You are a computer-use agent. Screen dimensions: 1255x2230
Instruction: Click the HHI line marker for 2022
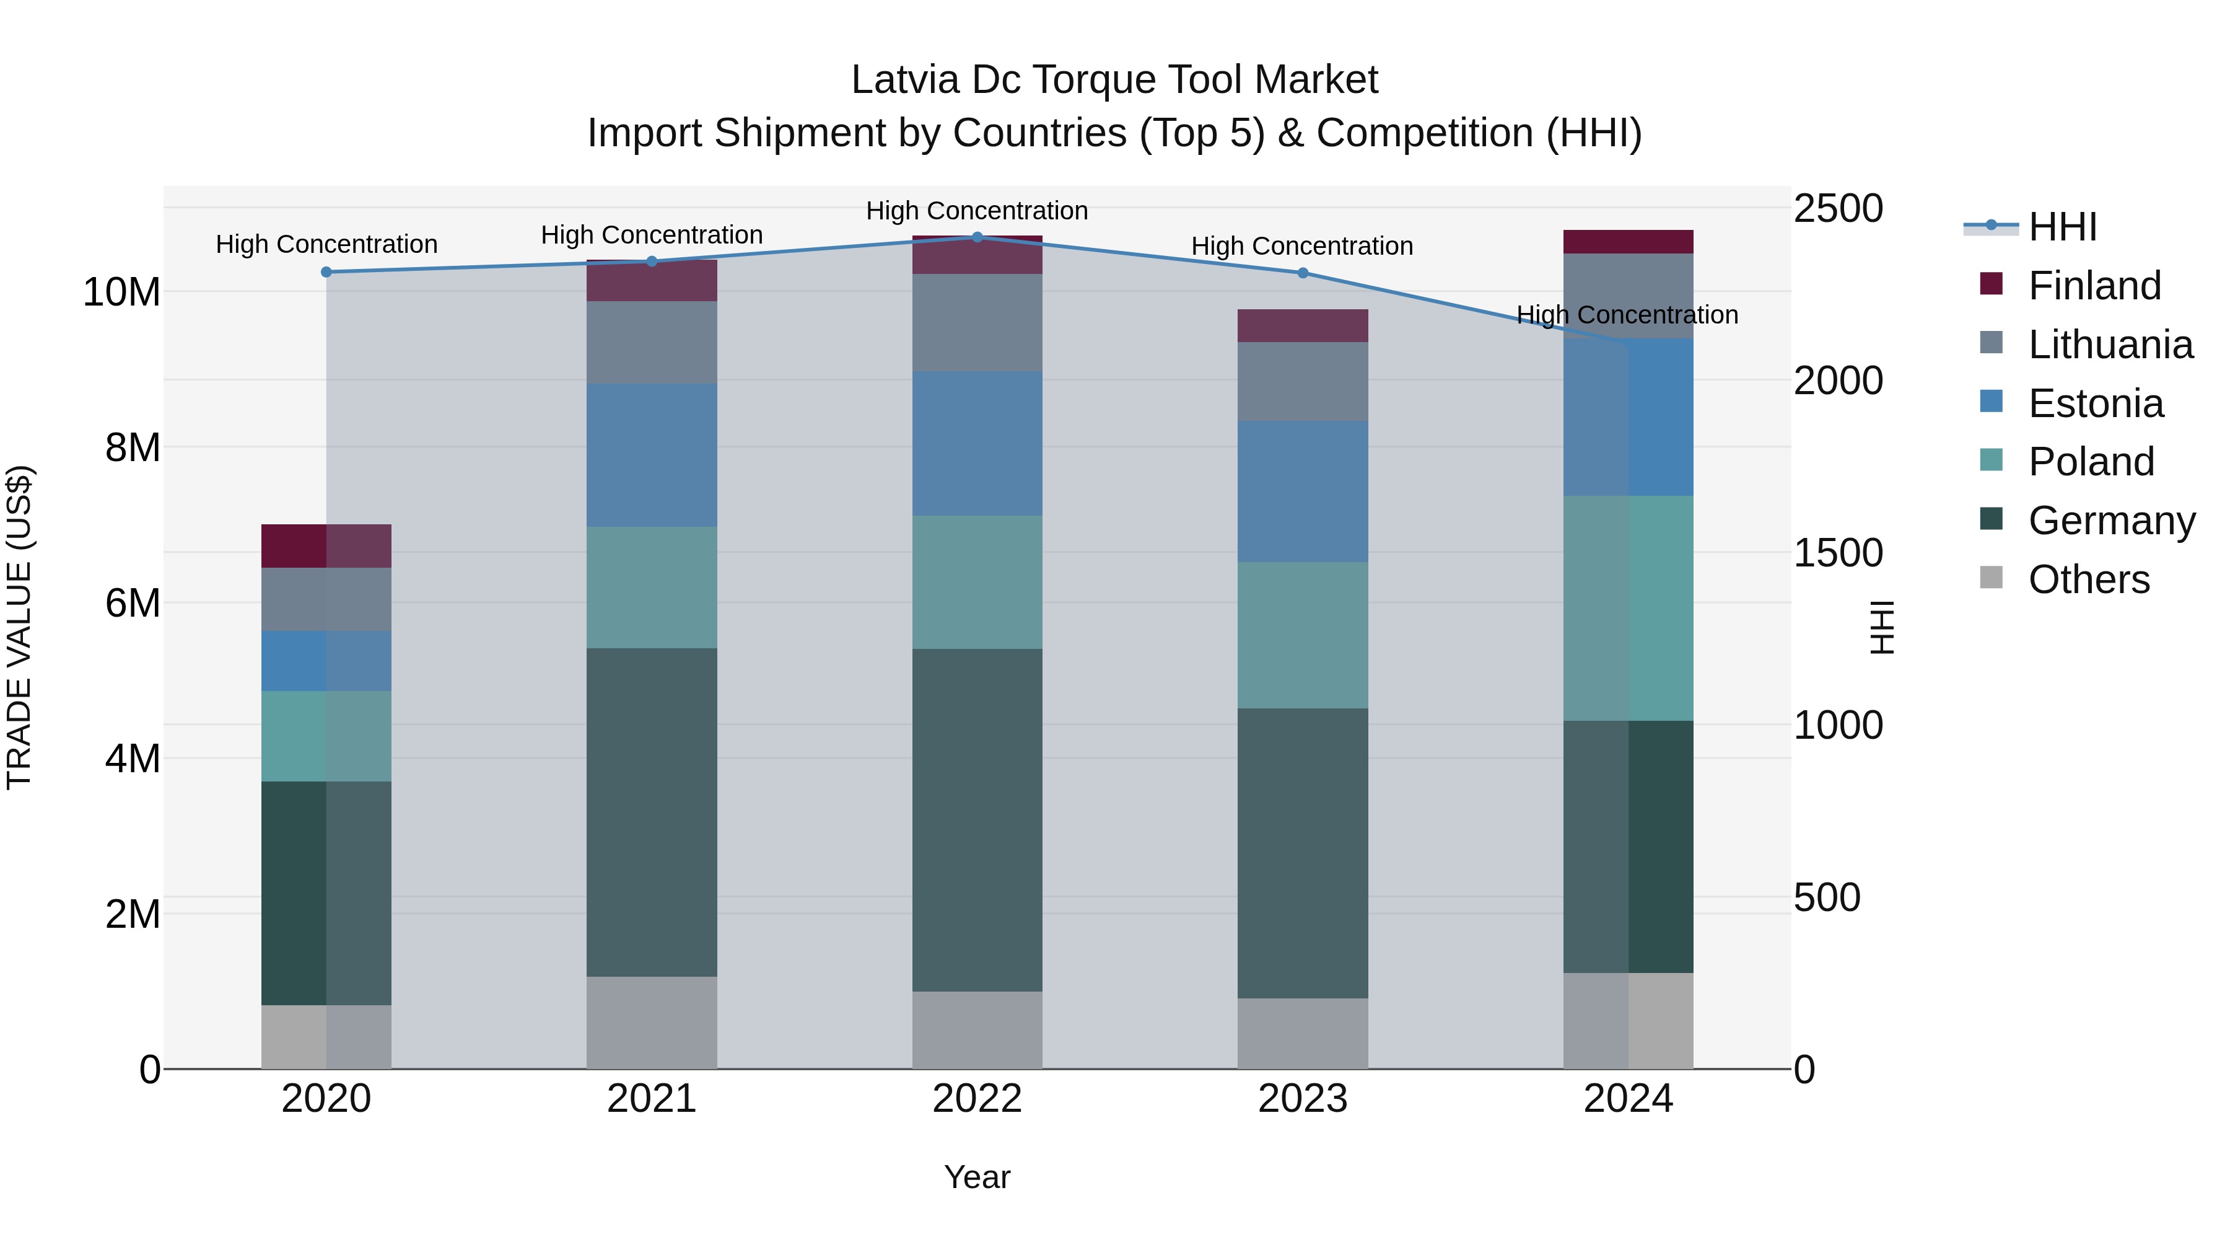pos(977,237)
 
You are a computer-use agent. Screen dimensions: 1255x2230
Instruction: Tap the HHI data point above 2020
pos(326,272)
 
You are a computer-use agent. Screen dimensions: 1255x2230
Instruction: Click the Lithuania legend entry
pos(2110,345)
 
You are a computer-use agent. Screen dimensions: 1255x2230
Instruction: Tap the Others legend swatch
pos(1991,578)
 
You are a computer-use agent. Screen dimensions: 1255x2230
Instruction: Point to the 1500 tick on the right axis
pos(1837,553)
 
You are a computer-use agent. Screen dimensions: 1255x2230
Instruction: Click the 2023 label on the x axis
pos(1302,1099)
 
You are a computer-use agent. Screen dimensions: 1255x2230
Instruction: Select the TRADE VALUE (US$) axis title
pos(19,627)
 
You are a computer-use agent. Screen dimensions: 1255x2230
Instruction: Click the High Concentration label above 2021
pos(651,235)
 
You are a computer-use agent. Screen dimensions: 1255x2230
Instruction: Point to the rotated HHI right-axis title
pos(1881,627)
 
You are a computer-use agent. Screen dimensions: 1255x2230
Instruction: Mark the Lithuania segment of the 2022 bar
pos(977,323)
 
